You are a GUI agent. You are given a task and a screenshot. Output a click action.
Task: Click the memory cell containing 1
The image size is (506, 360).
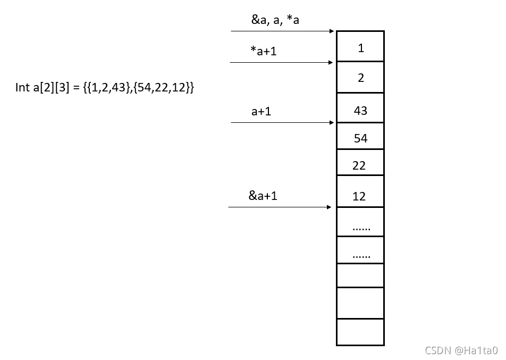(360, 47)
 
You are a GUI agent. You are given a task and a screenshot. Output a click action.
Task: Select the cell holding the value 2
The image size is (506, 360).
(360, 78)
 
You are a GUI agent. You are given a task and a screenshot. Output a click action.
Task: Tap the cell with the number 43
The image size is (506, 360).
(360, 110)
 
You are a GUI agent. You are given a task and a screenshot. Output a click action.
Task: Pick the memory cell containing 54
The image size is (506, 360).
(360, 138)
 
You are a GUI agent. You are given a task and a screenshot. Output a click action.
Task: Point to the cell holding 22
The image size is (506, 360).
(360, 165)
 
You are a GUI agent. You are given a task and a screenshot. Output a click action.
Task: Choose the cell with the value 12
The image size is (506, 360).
(360, 195)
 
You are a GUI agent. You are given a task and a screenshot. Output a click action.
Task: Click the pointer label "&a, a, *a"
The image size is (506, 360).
(275, 21)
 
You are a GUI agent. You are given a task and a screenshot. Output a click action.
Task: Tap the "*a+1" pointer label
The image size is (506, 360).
(264, 51)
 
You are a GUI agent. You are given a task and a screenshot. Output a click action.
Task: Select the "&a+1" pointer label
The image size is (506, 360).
(263, 195)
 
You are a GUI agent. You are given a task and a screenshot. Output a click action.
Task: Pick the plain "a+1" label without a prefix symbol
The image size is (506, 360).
(262, 112)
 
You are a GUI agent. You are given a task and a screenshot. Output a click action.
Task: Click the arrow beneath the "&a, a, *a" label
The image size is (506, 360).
(282, 31)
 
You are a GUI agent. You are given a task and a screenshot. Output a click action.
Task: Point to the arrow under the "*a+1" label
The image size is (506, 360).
(282, 62)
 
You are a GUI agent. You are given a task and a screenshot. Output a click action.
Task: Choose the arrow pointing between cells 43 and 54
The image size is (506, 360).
(282, 123)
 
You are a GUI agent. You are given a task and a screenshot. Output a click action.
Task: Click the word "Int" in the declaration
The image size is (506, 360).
(23, 88)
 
